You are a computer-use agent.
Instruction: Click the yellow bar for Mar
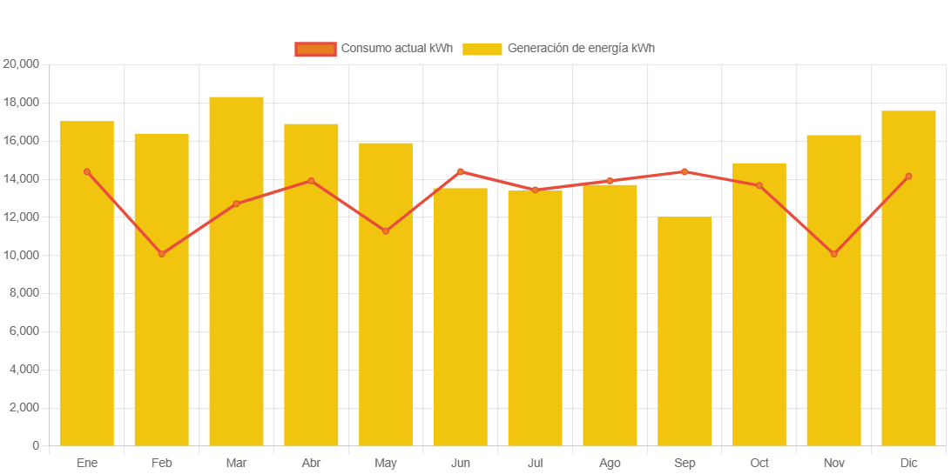[236, 271]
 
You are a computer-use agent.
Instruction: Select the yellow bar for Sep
[685, 331]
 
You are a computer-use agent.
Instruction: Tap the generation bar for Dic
[908, 278]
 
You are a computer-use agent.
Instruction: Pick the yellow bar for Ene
[87, 284]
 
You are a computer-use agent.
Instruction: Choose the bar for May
[386, 294]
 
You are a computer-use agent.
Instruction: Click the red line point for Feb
[162, 254]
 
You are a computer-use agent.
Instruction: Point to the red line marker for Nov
[834, 254]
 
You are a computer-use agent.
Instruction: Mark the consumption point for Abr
[311, 181]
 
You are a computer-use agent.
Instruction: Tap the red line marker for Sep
[685, 171]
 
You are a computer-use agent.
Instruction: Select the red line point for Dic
[908, 177]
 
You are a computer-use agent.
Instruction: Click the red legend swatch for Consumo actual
[315, 49]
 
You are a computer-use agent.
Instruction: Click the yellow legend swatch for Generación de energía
[482, 49]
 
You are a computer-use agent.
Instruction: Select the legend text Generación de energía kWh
[581, 49]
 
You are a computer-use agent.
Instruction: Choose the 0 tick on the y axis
[36, 445]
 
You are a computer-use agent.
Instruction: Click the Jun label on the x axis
[461, 463]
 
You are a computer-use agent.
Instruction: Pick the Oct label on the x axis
[759, 463]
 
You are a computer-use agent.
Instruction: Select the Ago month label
[610, 463]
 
